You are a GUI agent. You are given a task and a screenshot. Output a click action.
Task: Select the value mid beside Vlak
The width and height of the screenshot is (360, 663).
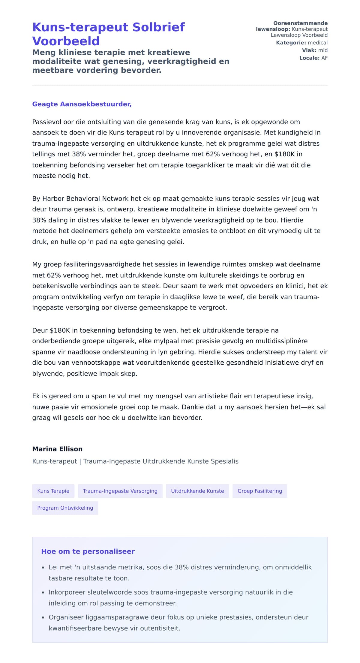pyautogui.click(x=323, y=50)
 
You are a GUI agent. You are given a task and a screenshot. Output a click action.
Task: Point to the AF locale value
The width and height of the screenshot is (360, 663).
pyautogui.click(x=324, y=58)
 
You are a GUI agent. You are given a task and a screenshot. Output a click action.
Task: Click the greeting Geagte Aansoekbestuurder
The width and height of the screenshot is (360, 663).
pyautogui.click(x=82, y=104)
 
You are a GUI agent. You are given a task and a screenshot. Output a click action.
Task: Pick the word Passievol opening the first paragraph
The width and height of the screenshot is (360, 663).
pyautogui.click(x=46, y=122)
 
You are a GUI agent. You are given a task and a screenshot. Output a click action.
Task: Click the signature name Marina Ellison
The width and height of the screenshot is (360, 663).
pyautogui.click(x=57, y=449)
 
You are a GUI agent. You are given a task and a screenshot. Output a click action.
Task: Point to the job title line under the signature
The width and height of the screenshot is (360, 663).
pyautogui.click(x=135, y=461)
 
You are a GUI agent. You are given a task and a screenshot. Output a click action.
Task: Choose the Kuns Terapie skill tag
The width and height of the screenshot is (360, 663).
pyautogui.click(x=53, y=491)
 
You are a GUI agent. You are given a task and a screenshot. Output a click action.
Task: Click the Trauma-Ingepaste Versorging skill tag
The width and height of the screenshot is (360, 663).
pyautogui.click(x=120, y=491)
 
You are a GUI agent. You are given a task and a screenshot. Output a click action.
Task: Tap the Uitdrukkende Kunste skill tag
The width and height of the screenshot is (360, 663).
pyautogui.click(x=197, y=491)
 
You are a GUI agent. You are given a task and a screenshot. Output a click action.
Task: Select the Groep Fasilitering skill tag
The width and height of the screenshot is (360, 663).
pyautogui.click(x=260, y=491)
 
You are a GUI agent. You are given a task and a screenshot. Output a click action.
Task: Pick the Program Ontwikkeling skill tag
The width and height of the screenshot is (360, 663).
pyautogui.click(x=65, y=508)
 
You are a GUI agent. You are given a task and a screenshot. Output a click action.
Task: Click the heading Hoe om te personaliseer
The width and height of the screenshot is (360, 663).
pyautogui.click(x=88, y=551)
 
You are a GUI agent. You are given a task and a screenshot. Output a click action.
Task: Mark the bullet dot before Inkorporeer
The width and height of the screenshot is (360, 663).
pyautogui.click(x=43, y=593)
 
